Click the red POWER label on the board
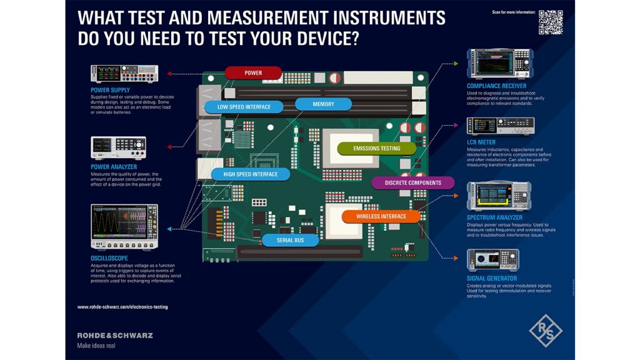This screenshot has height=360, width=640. (x=253, y=73)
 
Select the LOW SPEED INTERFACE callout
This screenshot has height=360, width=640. (x=235, y=107)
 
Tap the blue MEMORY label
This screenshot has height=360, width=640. (x=323, y=104)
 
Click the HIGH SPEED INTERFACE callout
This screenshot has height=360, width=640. (x=251, y=174)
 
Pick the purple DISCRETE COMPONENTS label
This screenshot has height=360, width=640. (x=412, y=183)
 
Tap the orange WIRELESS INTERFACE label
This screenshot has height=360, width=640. (x=381, y=217)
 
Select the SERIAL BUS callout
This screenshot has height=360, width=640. (x=290, y=240)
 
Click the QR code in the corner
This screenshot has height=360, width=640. (x=551, y=22)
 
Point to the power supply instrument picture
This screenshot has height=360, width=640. (x=124, y=74)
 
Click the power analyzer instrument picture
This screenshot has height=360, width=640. (x=118, y=148)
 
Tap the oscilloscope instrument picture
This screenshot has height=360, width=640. (x=124, y=227)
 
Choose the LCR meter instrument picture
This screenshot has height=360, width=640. (x=500, y=126)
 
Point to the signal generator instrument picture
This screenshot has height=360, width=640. (x=492, y=261)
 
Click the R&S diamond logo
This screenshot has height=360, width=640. (x=546, y=330)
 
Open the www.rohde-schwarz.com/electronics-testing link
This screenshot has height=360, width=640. (x=122, y=307)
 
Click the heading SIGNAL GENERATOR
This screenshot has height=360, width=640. (x=492, y=278)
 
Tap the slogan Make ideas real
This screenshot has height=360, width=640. (x=96, y=346)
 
